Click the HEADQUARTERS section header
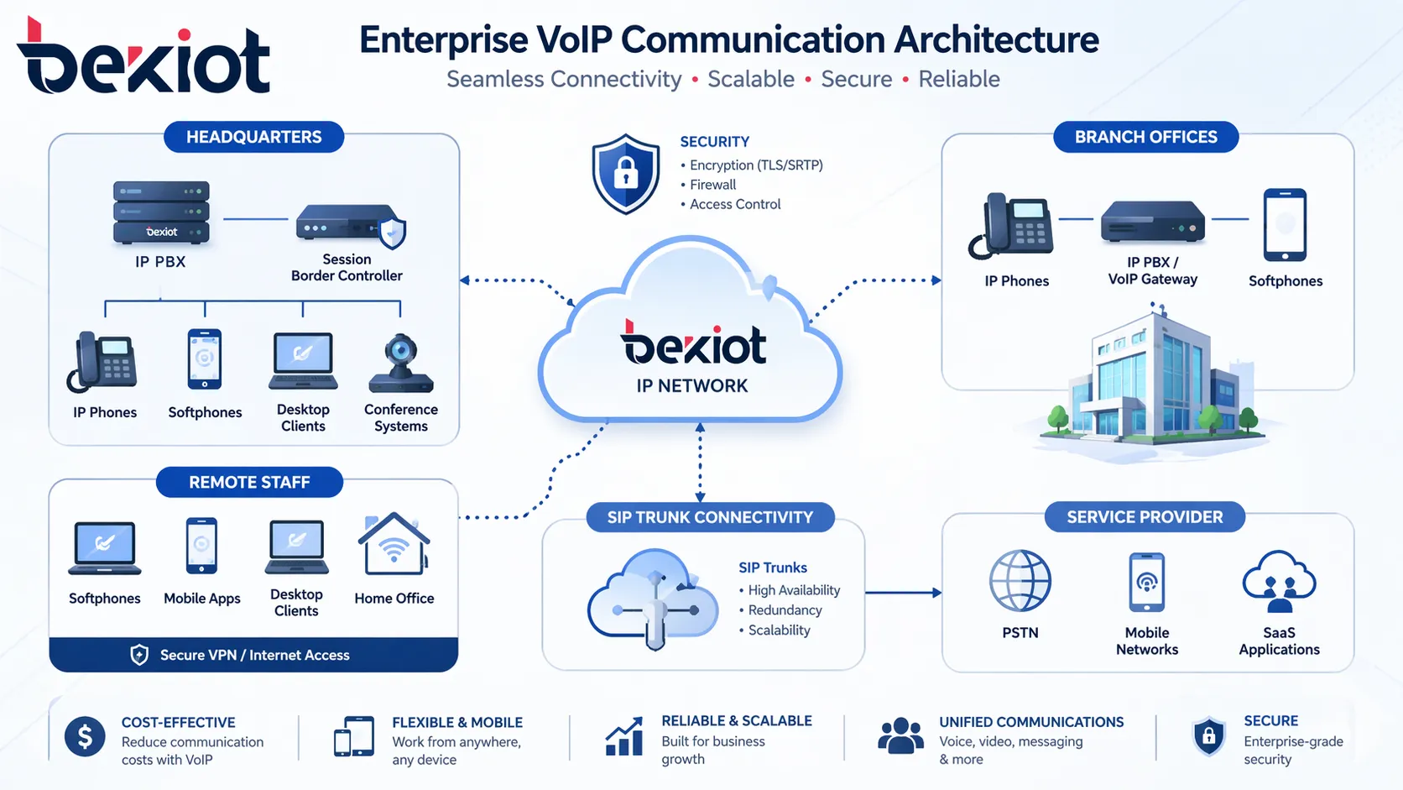pyautogui.click(x=253, y=137)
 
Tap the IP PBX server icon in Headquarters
pyautogui.click(x=161, y=212)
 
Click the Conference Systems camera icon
pyautogui.click(x=401, y=364)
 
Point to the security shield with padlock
pyautogui.click(x=625, y=174)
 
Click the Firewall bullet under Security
pyautogui.click(x=712, y=185)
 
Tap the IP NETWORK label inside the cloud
pyautogui.click(x=691, y=386)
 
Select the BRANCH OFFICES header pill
pyautogui.click(x=1145, y=137)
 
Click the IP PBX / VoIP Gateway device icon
pyautogui.click(x=1152, y=222)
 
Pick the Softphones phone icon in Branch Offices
pyautogui.click(x=1285, y=225)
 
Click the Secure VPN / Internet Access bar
pyautogui.click(x=253, y=655)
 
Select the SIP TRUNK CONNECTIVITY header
pyautogui.click(x=710, y=517)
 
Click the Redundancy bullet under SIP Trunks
pyautogui.click(x=785, y=610)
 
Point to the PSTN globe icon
pyautogui.click(x=1020, y=581)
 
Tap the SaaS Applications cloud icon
pyautogui.click(x=1279, y=581)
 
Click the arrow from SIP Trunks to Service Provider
pyautogui.click(x=903, y=593)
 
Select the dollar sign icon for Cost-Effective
pyautogui.click(x=85, y=737)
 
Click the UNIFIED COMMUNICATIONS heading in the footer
pyautogui.click(x=1030, y=722)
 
